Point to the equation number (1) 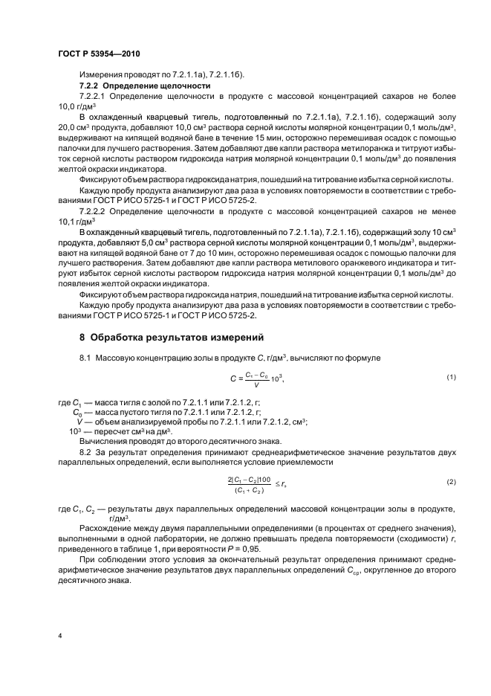[x=451, y=378]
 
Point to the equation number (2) [x=451, y=482]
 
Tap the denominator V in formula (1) [x=256, y=384]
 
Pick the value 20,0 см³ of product [x=71, y=126]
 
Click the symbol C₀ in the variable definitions [x=77, y=411]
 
